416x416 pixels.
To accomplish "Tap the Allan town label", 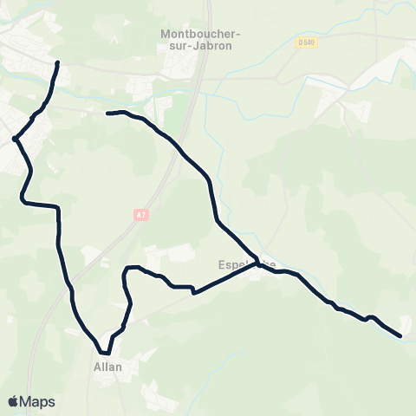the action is click(x=107, y=367).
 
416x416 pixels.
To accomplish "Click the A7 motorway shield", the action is click(x=138, y=211).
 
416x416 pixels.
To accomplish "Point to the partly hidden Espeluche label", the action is click(x=248, y=264).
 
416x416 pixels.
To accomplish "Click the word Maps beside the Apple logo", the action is click(x=38, y=401).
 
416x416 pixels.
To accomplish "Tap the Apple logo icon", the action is click(x=13, y=400).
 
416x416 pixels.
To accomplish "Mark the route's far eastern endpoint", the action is click(x=400, y=335).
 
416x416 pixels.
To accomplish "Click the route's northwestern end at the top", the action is click(x=58, y=63).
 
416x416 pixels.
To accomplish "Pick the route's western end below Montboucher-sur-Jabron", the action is click(x=107, y=113).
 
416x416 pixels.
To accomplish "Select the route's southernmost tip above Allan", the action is click(x=104, y=353).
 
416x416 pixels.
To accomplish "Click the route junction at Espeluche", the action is click(x=257, y=265).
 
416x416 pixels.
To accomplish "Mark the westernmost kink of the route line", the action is click(x=15, y=138).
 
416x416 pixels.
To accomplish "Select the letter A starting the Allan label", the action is click(x=96, y=367).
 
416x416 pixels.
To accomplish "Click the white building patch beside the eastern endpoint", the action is click(x=406, y=323).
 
